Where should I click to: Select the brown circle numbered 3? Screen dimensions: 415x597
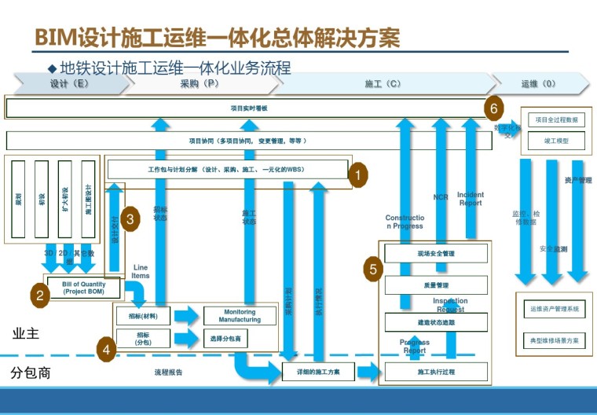(132, 219)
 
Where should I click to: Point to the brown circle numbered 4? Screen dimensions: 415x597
(107, 349)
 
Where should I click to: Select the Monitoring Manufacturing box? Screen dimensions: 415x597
(240, 316)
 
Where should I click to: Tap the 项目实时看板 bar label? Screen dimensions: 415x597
(249, 108)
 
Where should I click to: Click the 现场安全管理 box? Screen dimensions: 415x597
(436, 254)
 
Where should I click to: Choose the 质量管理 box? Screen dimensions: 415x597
(436, 285)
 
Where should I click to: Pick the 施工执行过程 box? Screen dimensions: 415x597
(436, 372)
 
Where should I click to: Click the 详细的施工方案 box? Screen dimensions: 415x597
(318, 372)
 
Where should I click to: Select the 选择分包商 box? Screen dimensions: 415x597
(225, 339)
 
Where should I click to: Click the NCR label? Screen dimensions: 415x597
(441, 197)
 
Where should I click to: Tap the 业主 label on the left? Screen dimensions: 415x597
(26, 334)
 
